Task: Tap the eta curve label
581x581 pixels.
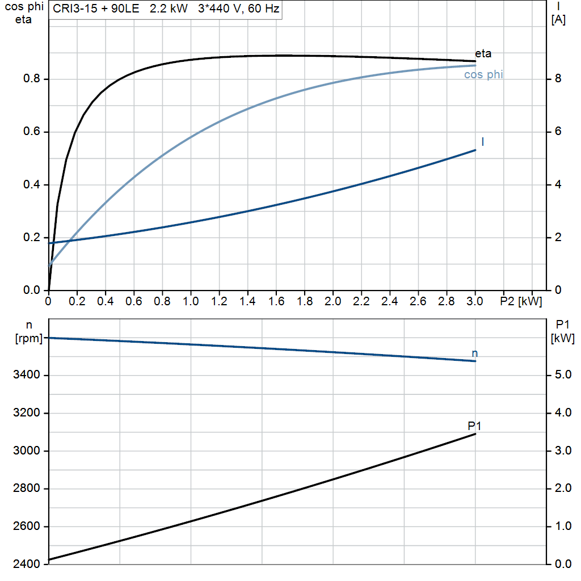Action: pyautogui.click(x=483, y=54)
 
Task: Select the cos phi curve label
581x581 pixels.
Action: pyautogui.click(x=483, y=74)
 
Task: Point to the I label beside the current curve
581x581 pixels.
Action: pyautogui.click(x=482, y=142)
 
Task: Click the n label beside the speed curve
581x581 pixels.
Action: pyautogui.click(x=475, y=353)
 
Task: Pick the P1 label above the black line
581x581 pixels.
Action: pyautogui.click(x=474, y=426)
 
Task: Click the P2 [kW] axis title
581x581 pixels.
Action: pyautogui.click(x=521, y=301)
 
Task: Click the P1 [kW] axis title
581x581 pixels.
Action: pyautogui.click(x=563, y=332)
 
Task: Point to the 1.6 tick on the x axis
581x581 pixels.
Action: pyautogui.click(x=276, y=301)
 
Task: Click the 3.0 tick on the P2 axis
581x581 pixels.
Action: pyautogui.click(x=475, y=301)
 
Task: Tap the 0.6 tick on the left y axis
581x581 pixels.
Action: pyautogui.click(x=32, y=132)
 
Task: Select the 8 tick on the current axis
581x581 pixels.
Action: pyautogui.click(x=558, y=79)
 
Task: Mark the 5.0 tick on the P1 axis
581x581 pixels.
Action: pyautogui.click(x=560, y=375)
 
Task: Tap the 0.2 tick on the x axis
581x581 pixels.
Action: pyautogui.click(x=77, y=301)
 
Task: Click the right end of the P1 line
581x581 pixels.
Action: pyautogui.click(x=475, y=434)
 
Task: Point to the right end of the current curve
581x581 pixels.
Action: pyautogui.click(x=475, y=150)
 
